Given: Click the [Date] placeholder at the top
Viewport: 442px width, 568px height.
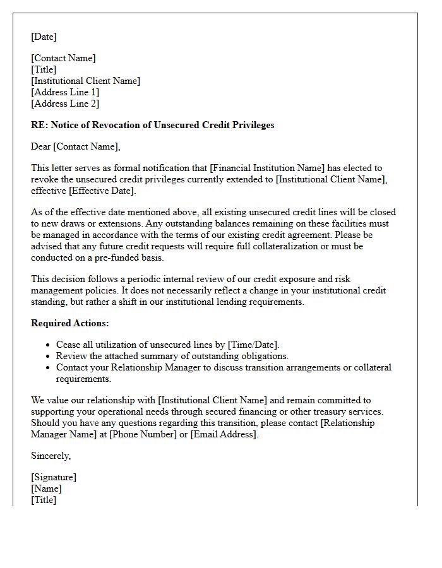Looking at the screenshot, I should [44, 37].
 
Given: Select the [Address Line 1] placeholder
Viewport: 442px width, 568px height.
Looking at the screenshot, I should [65, 92].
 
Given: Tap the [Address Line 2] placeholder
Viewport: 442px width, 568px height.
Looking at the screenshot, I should [65, 104].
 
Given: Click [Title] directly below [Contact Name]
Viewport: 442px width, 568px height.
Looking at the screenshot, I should [44, 69].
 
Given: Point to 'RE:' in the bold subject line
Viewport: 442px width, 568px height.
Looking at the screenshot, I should [39, 125].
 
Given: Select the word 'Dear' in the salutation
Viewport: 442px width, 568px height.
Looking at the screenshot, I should [41, 146].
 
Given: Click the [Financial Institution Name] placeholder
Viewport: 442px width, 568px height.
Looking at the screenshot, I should [267, 168].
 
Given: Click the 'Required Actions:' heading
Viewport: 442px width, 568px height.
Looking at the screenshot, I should [70, 323].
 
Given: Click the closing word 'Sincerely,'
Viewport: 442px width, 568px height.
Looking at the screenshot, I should [51, 456].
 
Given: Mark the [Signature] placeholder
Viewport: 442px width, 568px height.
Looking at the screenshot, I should [54, 477].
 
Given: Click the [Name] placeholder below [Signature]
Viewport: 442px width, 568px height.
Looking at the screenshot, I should [46, 488].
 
